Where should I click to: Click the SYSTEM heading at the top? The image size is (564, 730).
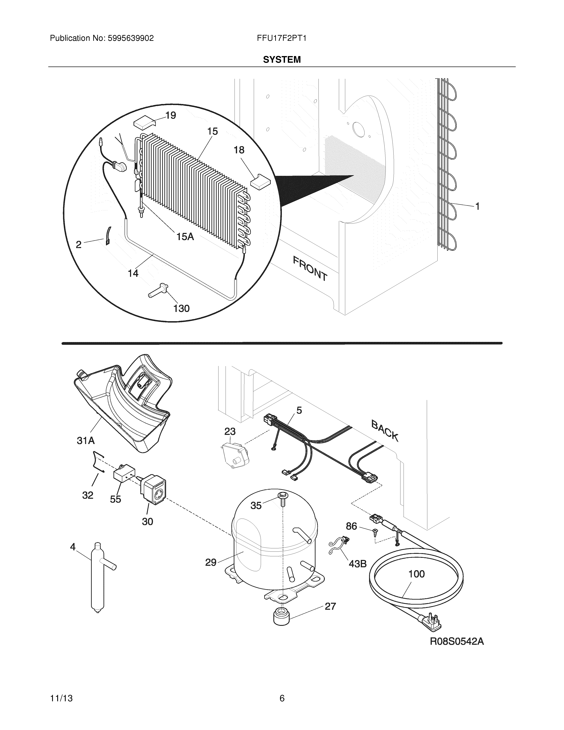pyautogui.click(x=282, y=60)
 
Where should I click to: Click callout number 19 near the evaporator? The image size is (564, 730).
pyautogui.click(x=171, y=116)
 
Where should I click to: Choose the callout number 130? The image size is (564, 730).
pyautogui.click(x=181, y=308)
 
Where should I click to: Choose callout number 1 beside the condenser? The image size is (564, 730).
pyautogui.click(x=477, y=207)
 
